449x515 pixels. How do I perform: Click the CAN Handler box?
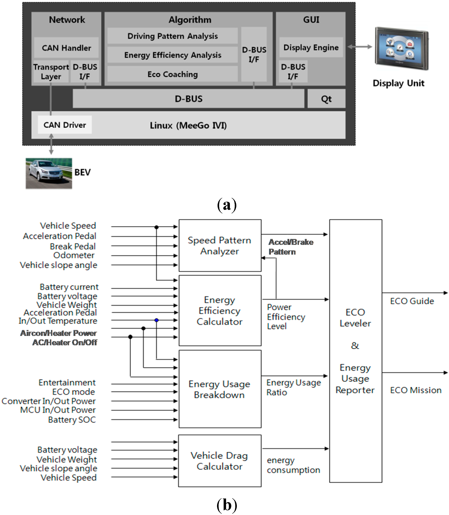66,48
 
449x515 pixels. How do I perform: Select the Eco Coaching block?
173,74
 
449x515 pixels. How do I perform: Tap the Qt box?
326,99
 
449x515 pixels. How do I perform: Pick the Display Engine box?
311,47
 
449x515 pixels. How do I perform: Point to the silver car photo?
49,173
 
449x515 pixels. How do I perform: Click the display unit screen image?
402,49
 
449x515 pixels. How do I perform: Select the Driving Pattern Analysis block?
173,36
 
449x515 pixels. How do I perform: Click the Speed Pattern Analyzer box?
220,246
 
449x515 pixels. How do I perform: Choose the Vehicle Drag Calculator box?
220,461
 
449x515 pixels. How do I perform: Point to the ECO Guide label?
412,301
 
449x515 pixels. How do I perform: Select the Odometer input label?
74,255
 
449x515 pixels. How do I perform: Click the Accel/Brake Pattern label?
291,247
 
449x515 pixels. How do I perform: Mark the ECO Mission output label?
416,390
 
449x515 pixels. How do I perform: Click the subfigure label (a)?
227,205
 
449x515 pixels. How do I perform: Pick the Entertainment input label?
67,383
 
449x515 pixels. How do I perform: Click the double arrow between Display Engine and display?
360,47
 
